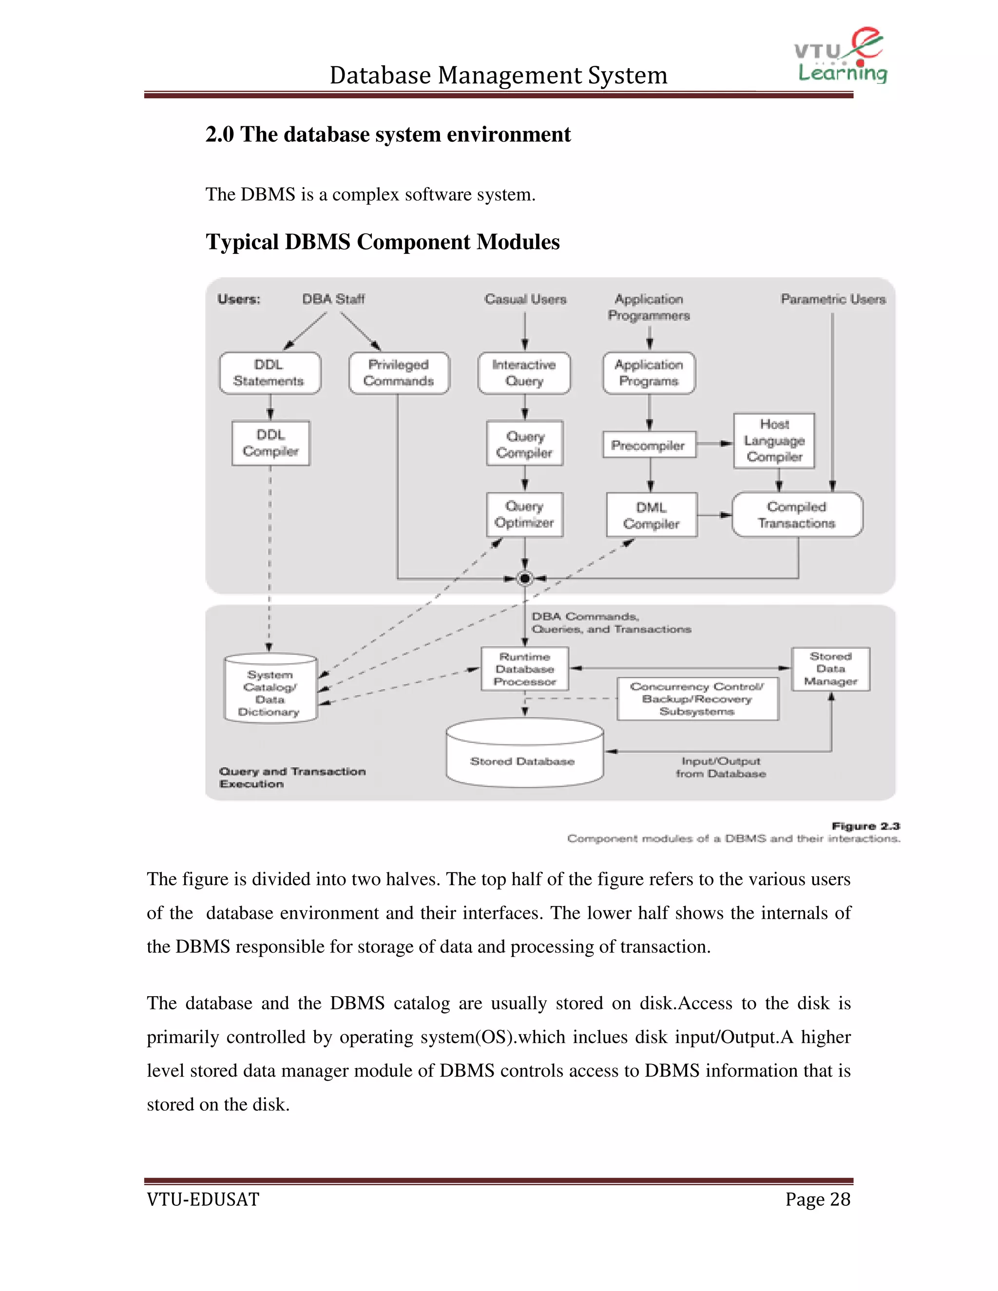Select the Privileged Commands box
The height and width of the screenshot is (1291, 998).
click(399, 373)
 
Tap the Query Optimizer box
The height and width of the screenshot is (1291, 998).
click(524, 515)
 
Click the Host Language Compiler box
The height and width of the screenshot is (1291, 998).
click(774, 441)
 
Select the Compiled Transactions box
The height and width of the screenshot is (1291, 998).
click(796, 515)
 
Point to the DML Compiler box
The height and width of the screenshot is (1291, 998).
click(652, 515)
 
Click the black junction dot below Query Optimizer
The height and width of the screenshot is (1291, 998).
click(524, 578)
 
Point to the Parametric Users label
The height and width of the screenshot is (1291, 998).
click(833, 299)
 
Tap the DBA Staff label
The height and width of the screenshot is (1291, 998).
click(333, 299)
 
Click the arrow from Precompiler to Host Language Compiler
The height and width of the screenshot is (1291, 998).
click(715, 443)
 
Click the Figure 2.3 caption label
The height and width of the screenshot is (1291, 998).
click(865, 826)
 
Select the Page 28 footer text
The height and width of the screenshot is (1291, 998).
click(818, 1199)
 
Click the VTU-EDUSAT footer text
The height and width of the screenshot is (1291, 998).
click(203, 1199)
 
